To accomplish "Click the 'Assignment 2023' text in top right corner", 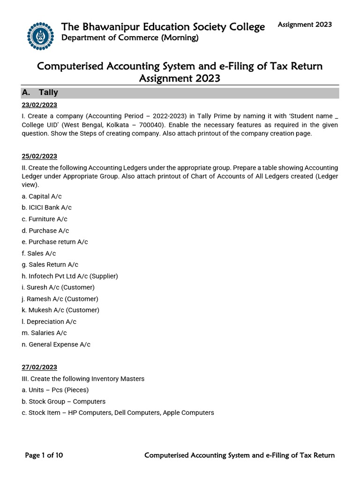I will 305,24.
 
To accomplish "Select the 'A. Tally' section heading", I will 42,92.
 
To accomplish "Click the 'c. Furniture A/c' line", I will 48,219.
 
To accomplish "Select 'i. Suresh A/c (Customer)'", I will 58,287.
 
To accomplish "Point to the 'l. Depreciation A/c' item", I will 52,322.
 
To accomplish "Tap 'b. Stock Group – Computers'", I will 64,401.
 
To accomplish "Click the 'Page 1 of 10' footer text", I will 44,455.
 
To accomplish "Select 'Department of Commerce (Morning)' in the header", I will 130,38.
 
